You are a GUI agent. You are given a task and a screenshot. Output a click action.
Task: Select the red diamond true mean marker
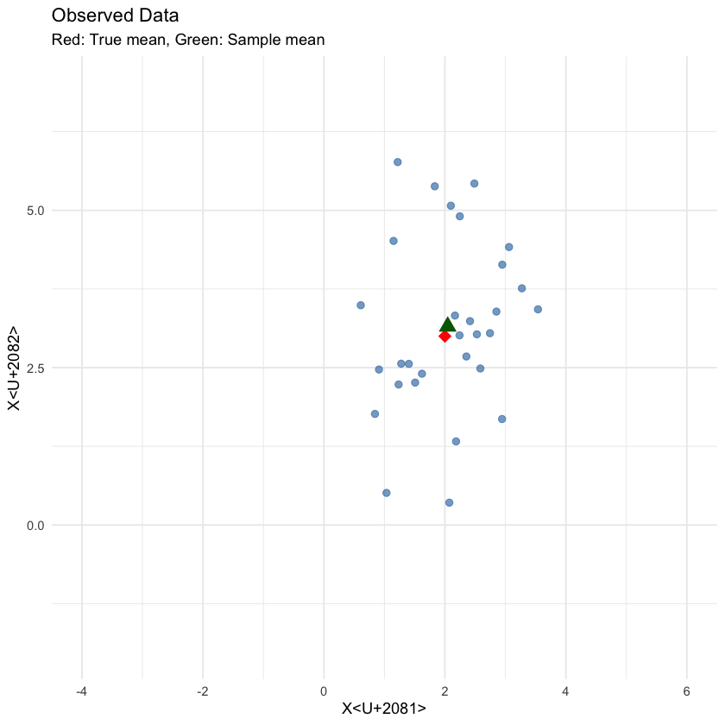coord(444,336)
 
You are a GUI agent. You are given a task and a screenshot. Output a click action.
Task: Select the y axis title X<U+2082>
coord(15,369)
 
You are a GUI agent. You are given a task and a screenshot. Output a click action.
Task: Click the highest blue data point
coord(398,162)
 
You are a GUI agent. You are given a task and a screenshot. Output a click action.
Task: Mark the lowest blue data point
coord(449,502)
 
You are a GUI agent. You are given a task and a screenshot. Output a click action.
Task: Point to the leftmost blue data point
coord(361,305)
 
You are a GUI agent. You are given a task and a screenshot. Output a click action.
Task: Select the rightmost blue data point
coord(538,309)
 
